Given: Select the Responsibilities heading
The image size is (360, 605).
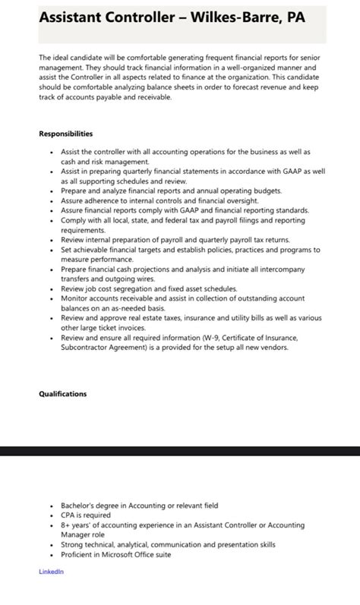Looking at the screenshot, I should (66, 134).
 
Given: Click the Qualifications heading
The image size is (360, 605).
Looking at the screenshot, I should (63, 394).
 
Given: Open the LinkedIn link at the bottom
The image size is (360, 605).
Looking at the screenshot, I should (52, 572).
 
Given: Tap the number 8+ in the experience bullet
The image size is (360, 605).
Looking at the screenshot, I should (67, 525).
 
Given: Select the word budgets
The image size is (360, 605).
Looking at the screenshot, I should (263, 191).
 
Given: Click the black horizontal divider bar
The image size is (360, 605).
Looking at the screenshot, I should (180, 451).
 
